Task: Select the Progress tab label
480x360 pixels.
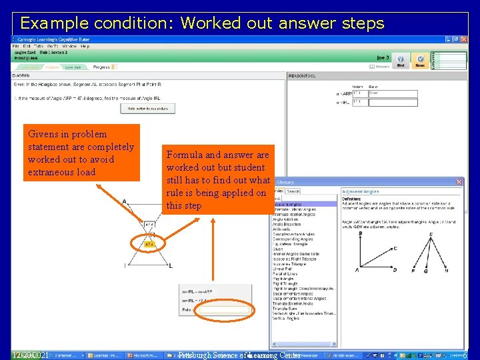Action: tap(101, 67)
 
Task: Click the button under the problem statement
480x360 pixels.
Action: tap(148, 108)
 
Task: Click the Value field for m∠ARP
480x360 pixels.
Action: tap(359, 93)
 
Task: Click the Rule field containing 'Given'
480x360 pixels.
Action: tap(393, 93)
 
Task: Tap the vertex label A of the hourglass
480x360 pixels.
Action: tap(125, 201)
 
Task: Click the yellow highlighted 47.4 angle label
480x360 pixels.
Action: tap(150, 245)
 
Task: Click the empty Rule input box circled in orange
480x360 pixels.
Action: tap(224, 309)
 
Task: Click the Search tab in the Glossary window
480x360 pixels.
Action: tap(293, 191)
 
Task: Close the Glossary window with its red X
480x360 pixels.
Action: tap(459, 181)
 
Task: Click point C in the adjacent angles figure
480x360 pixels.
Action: tap(395, 248)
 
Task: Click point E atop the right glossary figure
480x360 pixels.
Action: tap(431, 235)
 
